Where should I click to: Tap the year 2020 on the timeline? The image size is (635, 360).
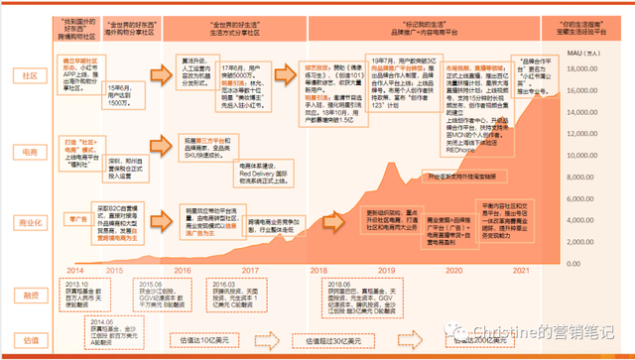pos(454,269)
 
